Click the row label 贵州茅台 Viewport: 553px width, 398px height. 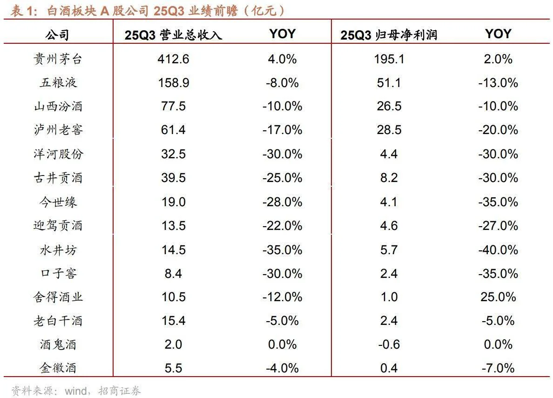click(58, 59)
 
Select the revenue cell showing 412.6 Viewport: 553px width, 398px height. click(173, 59)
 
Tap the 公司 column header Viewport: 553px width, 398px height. click(58, 34)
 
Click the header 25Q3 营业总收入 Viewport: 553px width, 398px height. click(173, 35)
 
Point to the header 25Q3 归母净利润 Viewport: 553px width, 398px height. click(389, 35)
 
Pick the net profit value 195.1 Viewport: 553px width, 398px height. click(389, 59)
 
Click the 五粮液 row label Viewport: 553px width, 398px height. click(58, 82)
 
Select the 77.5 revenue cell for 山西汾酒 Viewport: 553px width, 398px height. click(173, 106)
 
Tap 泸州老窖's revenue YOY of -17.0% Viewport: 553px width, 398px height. click(282, 130)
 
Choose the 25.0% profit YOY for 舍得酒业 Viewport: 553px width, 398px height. click(498, 297)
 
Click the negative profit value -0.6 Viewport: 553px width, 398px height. click(389, 344)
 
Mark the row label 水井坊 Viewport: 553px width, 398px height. click(58, 249)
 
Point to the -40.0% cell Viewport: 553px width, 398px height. click(498, 249)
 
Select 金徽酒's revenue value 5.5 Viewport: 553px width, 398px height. click(173, 368)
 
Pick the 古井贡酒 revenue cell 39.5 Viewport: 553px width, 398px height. click(173, 178)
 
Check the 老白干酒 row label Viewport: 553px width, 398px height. click(58, 320)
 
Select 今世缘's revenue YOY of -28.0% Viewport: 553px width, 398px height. click(282, 202)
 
